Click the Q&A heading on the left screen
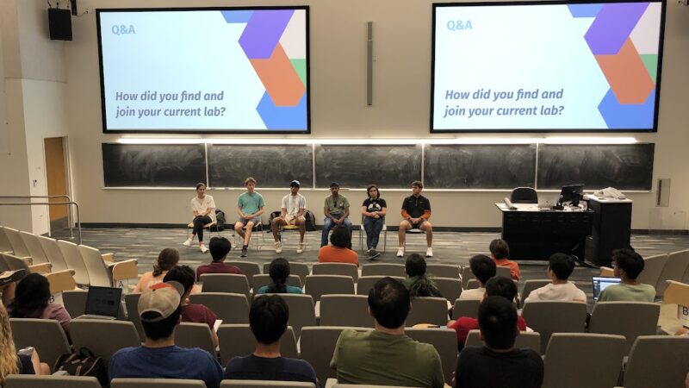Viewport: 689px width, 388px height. [x=123, y=30]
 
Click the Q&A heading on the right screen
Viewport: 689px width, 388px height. [x=459, y=26]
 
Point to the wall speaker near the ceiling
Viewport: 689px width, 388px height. [x=60, y=24]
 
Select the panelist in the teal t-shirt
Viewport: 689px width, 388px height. [x=250, y=216]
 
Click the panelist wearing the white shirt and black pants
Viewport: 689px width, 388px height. [x=202, y=216]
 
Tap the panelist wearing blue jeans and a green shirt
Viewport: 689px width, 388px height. [x=336, y=212]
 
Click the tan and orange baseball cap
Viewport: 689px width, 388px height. [x=160, y=300]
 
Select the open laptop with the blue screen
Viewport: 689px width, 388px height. [x=604, y=285]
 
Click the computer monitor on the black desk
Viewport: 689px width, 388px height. [x=571, y=194]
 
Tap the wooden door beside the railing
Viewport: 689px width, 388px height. [x=56, y=179]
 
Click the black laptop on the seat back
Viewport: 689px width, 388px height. [x=103, y=303]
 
